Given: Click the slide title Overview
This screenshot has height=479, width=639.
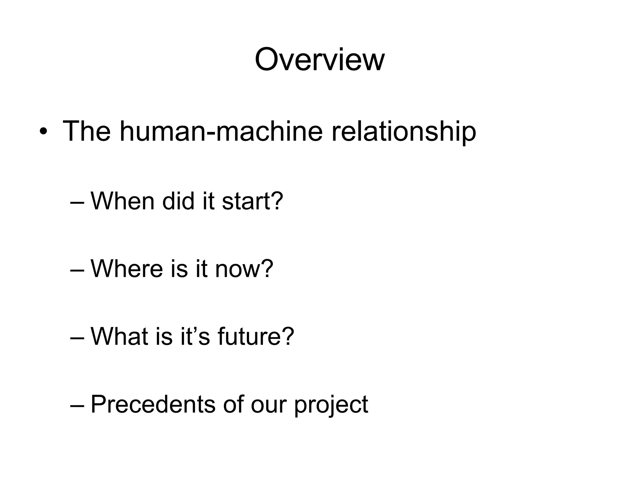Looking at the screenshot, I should tap(319, 60).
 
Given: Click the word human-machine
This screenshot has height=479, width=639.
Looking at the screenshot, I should tap(221, 131).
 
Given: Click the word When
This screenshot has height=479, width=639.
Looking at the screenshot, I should tap(122, 201).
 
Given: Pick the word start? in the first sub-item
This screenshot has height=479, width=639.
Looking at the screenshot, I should tap(252, 201).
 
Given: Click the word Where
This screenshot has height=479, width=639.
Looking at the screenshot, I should tap(127, 269).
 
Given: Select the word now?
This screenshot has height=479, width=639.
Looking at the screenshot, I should tap(244, 269).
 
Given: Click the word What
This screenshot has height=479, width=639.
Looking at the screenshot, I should tap(119, 336).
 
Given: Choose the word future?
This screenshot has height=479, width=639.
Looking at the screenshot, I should tap(256, 336).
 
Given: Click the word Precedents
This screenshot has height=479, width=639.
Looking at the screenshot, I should tap(153, 404).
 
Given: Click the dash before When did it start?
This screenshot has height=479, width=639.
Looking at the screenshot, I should tap(77, 203).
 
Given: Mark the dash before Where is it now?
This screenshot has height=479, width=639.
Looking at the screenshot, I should tap(77, 270).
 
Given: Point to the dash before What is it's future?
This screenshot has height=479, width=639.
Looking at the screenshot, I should tap(77, 338).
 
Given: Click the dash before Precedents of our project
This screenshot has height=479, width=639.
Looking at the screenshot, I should tap(77, 406).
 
